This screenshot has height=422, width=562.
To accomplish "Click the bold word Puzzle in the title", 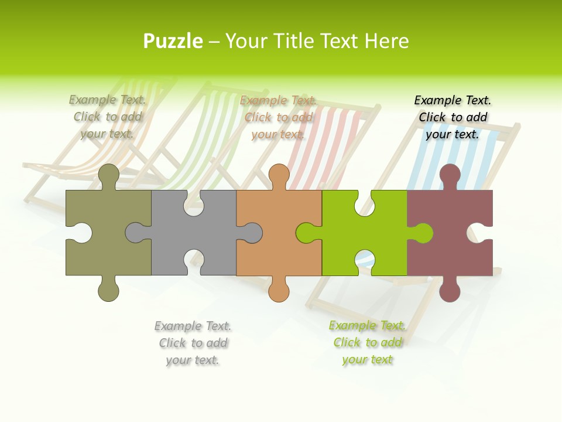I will (173, 41).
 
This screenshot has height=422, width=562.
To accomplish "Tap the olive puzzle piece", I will (109, 246).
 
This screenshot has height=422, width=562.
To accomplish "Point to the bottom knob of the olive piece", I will (108, 290).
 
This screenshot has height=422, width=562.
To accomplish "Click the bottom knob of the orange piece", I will (279, 290).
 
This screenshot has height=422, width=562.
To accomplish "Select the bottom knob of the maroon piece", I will (450, 290).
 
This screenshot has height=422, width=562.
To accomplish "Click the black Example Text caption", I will (453, 117).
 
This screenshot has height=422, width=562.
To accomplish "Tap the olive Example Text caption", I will (108, 117).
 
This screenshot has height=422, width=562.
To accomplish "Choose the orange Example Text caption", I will (279, 117).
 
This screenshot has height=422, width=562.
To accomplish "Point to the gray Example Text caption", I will (193, 343).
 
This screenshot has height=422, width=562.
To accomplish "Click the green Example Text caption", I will (367, 342).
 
